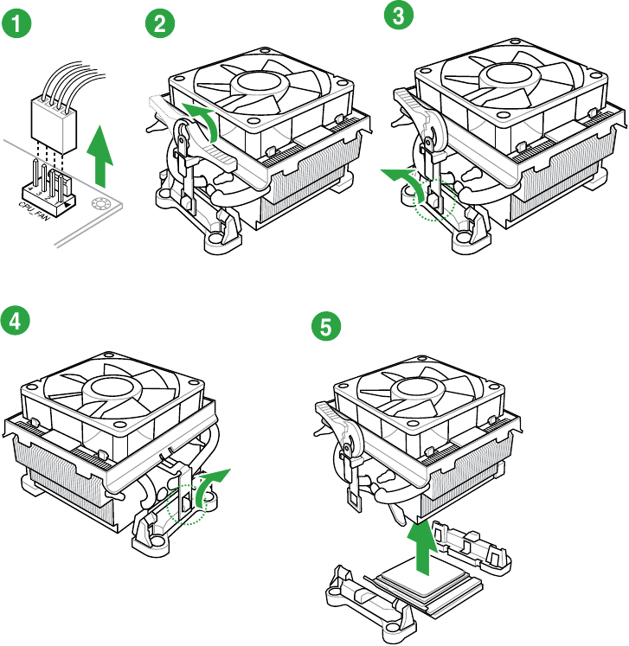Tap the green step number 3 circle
[399, 16]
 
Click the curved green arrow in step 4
[211, 485]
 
